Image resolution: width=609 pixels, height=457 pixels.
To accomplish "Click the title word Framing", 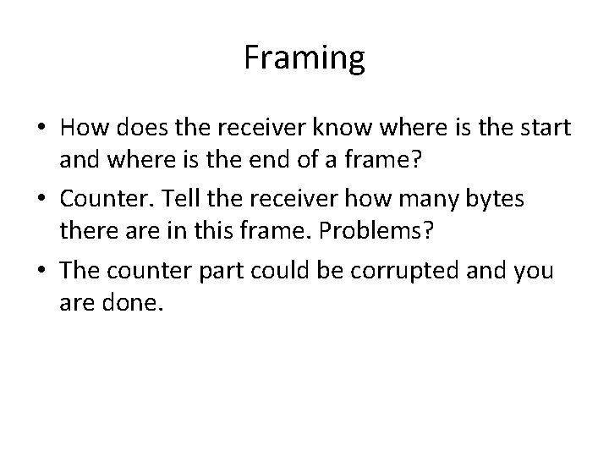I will click(x=304, y=58).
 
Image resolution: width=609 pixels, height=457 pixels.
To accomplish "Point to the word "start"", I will click(x=543, y=129).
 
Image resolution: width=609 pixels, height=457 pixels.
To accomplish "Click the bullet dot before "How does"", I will click(x=41, y=129).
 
